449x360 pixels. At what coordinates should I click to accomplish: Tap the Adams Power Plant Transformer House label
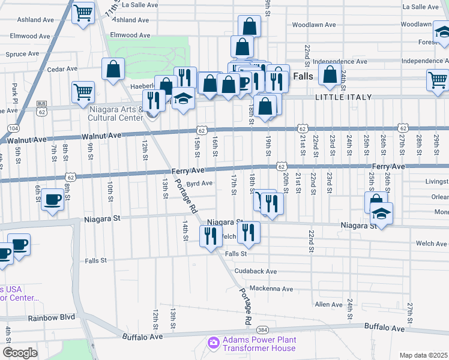tap(259, 344)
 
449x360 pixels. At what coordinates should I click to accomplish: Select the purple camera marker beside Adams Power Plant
tap(213, 343)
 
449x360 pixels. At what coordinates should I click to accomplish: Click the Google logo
tap(20, 353)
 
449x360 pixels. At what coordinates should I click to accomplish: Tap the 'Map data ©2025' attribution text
tap(424, 355)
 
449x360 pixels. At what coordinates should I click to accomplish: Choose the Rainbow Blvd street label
tap(54, 317)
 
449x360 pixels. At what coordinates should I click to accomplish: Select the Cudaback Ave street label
tap(256, 271)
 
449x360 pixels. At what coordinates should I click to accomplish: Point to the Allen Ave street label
tap(328, 305)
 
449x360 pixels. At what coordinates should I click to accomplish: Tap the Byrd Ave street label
tap(200, 184)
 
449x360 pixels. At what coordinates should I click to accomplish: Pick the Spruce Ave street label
tap(22, 54)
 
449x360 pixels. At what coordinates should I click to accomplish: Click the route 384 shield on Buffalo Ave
tap(262, 330)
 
